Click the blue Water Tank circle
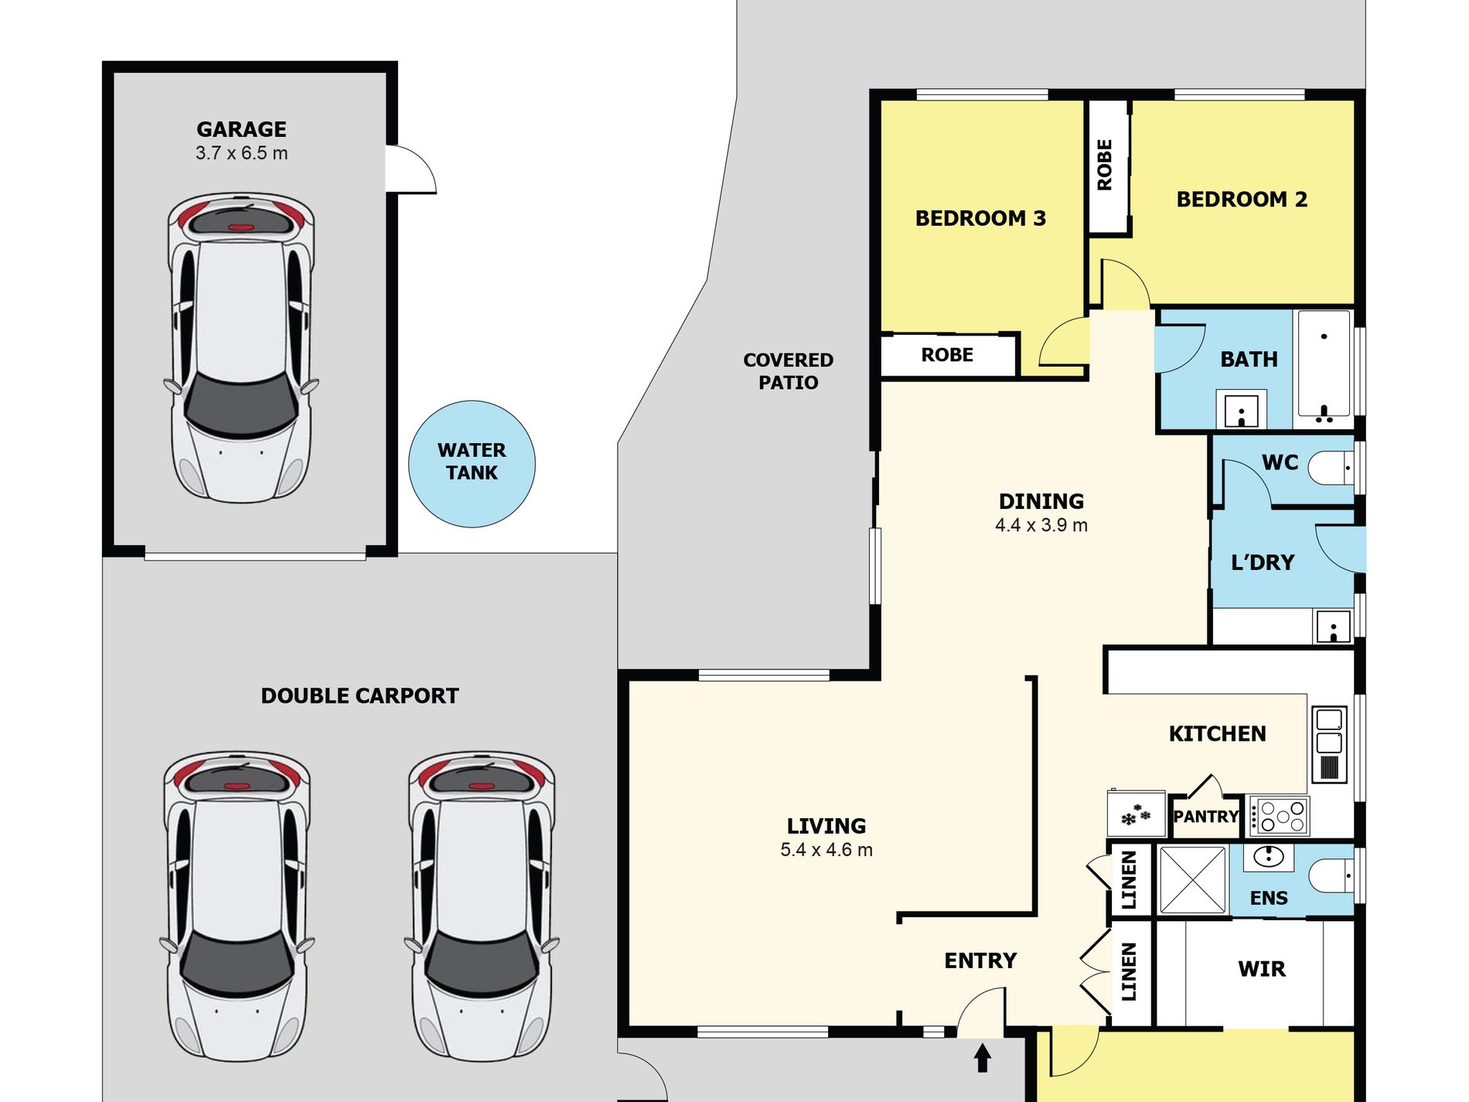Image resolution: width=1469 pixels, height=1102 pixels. pyautogui.click(x=472, y=464)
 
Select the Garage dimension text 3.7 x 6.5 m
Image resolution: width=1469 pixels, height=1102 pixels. pyautogui.click(x=242, y=153)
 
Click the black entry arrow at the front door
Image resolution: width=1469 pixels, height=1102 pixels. pyautogui.click(x=982, y=1057)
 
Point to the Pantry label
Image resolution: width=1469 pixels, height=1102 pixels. pyautogui.click(x=1206, y=816)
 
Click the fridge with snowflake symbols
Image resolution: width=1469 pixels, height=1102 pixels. pyautogui.click(x=1136, y=814)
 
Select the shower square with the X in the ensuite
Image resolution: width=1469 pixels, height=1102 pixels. pyautogui.click(x=1192, y=880)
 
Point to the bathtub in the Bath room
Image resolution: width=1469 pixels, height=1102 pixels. pyautogui.click(x=1324, y=364)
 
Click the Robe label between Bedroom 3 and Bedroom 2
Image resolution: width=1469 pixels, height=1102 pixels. pyautogui.click(x=1105, y=165)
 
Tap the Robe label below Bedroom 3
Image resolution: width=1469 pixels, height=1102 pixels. pyautogui.click(x=947, y=355)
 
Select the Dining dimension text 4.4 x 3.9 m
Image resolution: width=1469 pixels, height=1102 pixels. pyautogui.click(x=1041, y=525)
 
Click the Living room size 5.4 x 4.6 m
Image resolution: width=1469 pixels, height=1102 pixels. pyautogui.click(x=827, y=850)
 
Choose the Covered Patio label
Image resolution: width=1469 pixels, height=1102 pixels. pyautogui.click(x=788, y=371)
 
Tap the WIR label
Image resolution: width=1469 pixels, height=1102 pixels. pyautogui.click(x=1262, y=969)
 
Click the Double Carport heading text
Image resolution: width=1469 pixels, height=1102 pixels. pyautogui.click(x=360, y=696)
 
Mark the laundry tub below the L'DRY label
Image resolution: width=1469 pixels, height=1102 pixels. pyautogui.click(x=1332, y=626)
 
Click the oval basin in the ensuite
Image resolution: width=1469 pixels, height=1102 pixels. pyautogui.click(x=1269, y=856)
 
